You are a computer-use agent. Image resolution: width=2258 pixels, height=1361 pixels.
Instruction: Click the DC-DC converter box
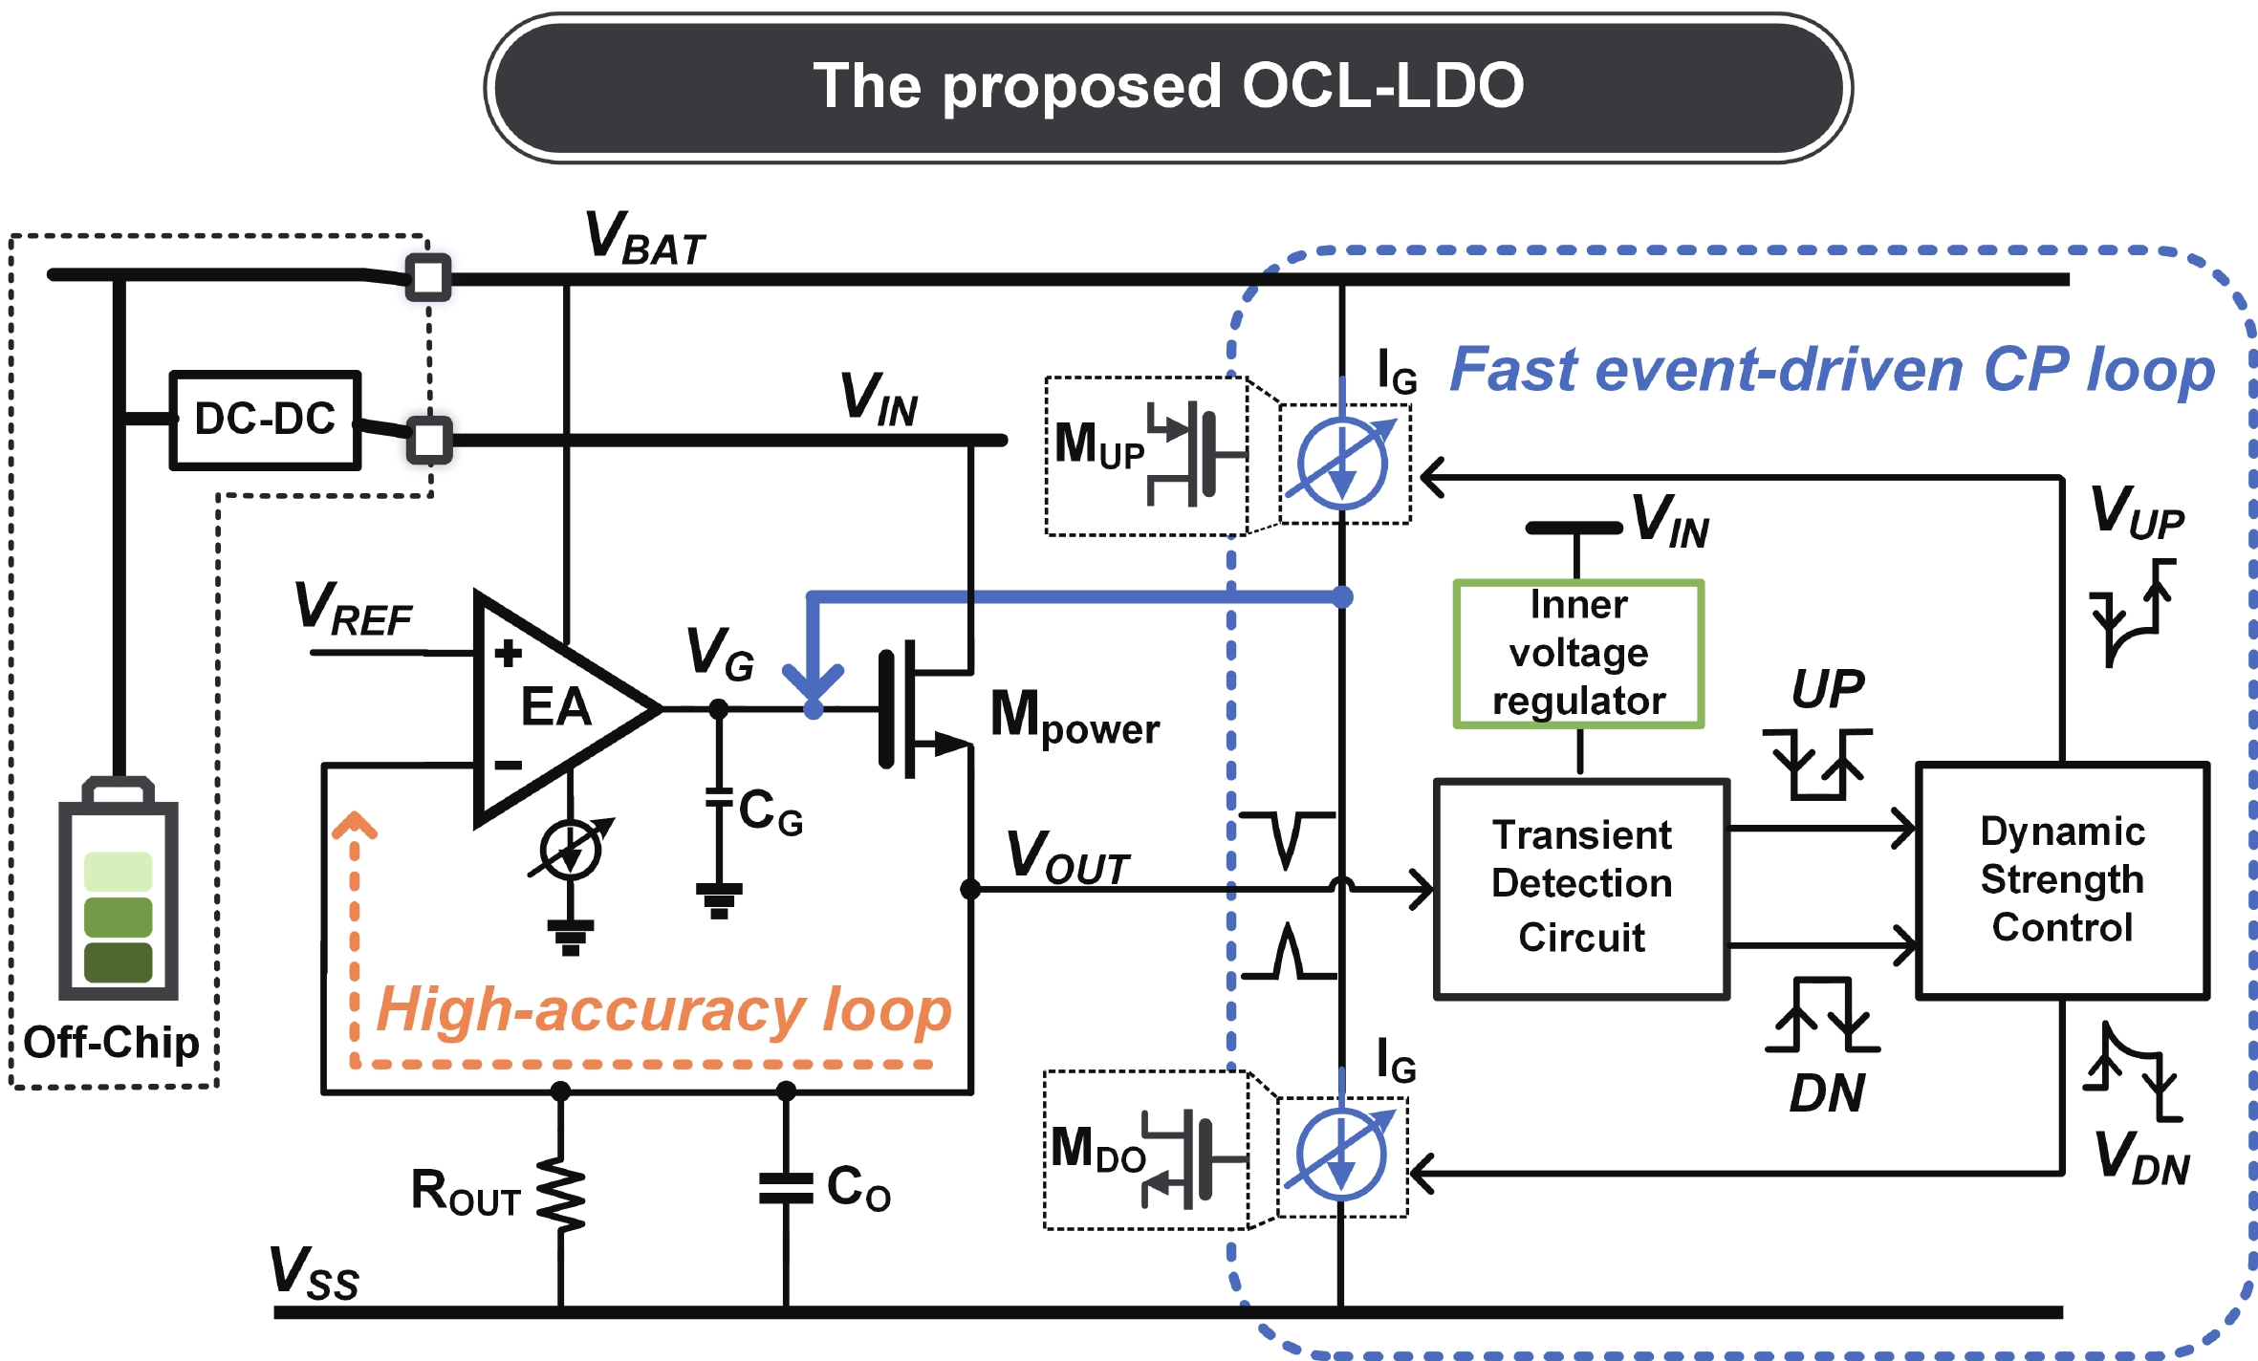pos(265,420)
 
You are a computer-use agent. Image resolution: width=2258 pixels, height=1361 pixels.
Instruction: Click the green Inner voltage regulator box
pos(1578,654)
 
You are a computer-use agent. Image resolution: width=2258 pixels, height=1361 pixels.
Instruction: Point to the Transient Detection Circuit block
pos(1582,888)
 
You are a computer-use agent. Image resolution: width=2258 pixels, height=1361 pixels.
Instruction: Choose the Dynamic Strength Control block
pos(2063,880)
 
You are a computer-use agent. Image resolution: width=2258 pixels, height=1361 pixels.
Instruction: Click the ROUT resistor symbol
pos(560,1194)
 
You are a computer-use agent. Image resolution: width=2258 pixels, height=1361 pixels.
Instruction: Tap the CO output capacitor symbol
pos(786,1188)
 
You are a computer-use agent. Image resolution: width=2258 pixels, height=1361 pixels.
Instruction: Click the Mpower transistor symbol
pos(913,708)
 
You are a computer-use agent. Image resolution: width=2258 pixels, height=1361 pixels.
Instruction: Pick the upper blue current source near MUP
pos(1342,464)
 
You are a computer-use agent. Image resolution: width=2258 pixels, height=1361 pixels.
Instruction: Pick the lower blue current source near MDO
pos(1341,1156)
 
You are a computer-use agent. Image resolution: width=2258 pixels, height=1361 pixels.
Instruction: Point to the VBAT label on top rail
pos(644,238)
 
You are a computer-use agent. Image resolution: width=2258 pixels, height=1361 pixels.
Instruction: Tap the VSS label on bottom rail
pos(314,1274)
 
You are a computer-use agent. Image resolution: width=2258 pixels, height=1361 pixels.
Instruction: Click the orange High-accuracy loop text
pos(663,1010)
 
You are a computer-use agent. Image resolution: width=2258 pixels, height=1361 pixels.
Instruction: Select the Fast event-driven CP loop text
pos(1832,370)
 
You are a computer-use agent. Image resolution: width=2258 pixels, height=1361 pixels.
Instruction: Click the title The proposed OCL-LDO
pos(1167,87)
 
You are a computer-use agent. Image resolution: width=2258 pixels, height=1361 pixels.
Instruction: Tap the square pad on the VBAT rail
pos(427,278)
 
